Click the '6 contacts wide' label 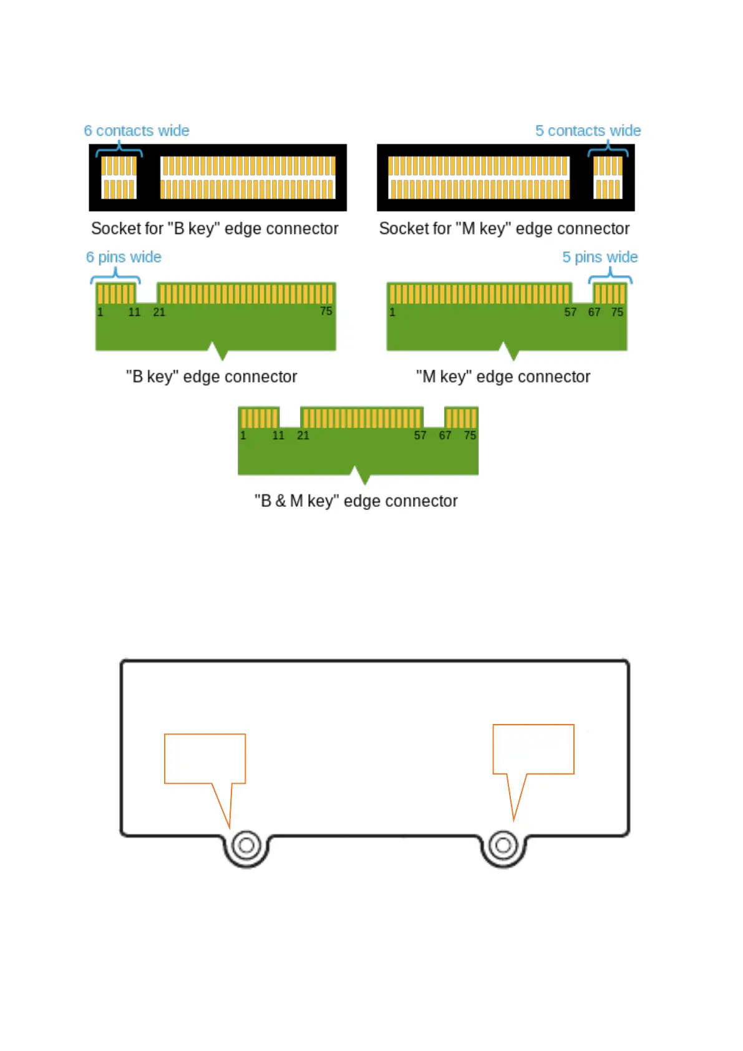coord(137,130)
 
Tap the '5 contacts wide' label coord(588,130)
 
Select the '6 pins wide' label coord(124,257)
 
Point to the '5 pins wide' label coord(600,257)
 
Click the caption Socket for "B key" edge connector coord(215,228)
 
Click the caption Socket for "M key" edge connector coord(504,228)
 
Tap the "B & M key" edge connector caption coord(356,501)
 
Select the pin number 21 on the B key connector coord(159,312)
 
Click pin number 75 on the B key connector coord(326,311)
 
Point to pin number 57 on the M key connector coord(570,312)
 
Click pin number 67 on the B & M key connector coord(445,436)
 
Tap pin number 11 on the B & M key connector coord(278,436)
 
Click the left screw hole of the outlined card coord(246,846)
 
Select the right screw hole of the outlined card coord(503,846)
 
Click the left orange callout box coord(205,758)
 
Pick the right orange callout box coord(533,749)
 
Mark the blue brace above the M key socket coord(608,149)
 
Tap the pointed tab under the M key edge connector coord(512,353)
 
